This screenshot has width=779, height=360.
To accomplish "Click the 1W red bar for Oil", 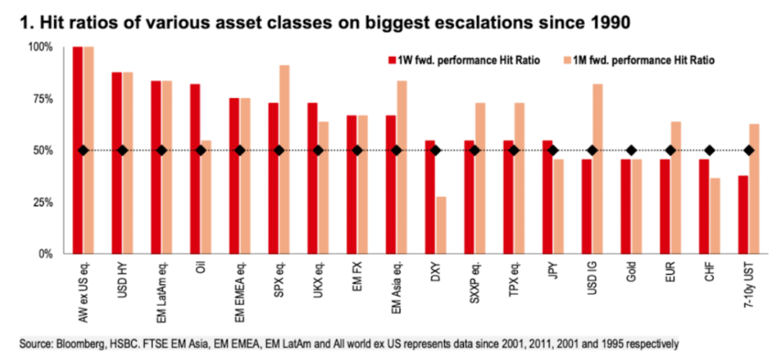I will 195,169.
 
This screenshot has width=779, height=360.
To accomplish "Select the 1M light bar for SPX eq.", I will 285,159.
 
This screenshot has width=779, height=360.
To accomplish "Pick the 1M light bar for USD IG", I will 597,169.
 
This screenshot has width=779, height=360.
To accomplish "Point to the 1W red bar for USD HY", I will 117,163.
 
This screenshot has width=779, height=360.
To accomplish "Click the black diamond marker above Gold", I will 632,150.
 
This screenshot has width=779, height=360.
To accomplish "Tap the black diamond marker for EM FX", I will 357,150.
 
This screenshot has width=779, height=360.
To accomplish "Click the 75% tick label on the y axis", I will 40,99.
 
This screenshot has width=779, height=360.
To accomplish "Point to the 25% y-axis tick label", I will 40,203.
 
